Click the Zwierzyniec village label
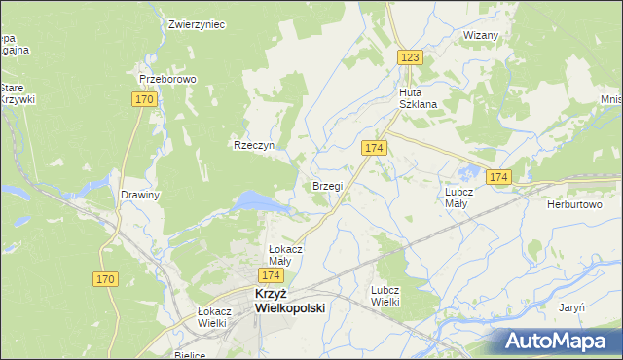(197, 24)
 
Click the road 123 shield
(410, 58)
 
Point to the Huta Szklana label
(418, 98)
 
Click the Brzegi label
(326, 186)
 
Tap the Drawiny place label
(139, 195)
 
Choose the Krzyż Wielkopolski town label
(289, 300)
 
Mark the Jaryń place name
(571, 307)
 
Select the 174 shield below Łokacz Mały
(272, 276)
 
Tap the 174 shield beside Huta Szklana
(375, 147)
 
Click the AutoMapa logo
(560, 342)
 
